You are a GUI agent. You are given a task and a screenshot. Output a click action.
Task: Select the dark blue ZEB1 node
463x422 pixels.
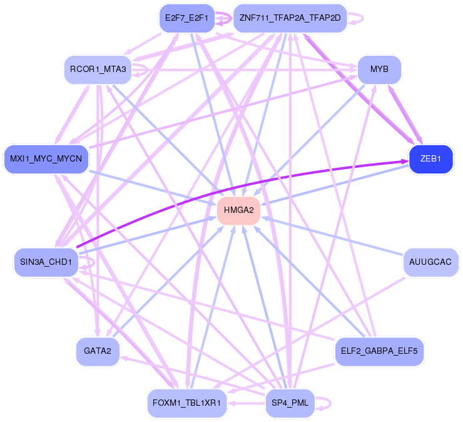tap(430, 159)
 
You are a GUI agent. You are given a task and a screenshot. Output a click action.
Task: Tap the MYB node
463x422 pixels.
tap(379, 69)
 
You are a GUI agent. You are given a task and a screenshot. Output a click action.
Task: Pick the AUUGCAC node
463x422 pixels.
tap(430, 261)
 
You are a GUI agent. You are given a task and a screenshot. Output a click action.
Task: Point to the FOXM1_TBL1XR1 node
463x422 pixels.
tap(186, 403)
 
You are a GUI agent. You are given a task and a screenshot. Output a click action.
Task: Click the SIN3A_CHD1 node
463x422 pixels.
tap(46, 262)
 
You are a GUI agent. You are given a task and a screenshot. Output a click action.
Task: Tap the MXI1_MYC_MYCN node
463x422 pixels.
tap(46, 159)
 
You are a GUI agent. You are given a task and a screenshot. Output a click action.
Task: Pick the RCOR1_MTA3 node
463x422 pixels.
tap(98, 69)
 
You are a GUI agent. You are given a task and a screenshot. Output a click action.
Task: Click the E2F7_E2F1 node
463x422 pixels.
tap(186, 18)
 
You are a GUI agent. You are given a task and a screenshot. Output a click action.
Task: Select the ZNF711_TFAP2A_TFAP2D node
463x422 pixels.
tap(288, 18)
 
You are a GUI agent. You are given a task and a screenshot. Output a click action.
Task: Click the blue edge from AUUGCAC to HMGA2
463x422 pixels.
tap(332, 235)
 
